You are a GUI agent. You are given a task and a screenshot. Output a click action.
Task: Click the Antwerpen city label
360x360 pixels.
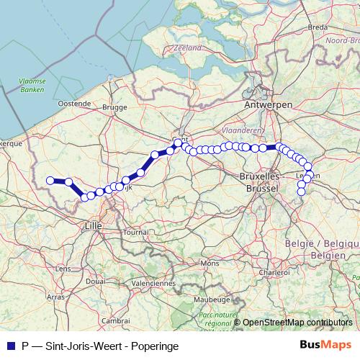click(268, 104)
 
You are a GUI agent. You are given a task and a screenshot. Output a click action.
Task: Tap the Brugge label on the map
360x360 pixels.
click(114, 107)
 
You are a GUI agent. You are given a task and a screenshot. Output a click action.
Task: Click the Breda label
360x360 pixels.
click(318, 27)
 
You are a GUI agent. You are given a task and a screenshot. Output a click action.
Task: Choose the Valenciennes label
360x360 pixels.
click(153, 283)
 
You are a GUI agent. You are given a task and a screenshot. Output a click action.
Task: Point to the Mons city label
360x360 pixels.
click(210, 264)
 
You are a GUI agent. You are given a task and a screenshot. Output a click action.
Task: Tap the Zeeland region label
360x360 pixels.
click(187, 48)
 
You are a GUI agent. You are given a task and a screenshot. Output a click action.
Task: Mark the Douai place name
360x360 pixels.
click(95, 281)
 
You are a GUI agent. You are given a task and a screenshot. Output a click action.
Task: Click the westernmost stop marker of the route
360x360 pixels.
click(50, 181)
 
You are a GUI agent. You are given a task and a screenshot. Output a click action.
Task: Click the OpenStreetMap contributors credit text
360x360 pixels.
click(297, 323)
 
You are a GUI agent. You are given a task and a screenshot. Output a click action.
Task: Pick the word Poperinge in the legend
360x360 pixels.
click(154, 346)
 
